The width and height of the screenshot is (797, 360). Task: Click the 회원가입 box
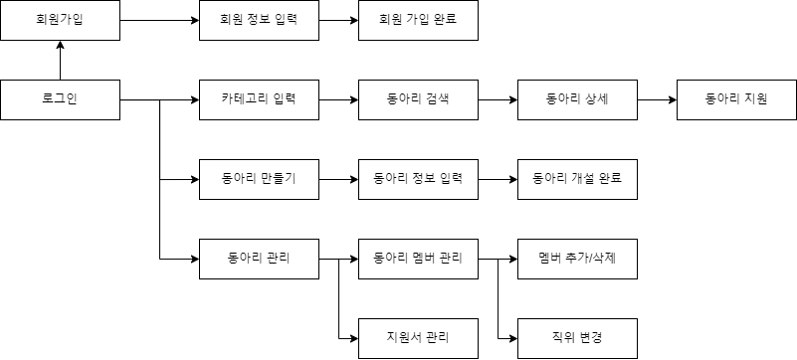click(x=60, y=20)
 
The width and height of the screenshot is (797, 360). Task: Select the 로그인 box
click(x=60, y=99)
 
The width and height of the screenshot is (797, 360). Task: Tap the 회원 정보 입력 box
click(x=259, y=20)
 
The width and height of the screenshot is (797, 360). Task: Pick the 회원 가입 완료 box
click(x=418, y=20)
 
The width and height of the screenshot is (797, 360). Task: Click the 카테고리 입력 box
click(x=259, y=99)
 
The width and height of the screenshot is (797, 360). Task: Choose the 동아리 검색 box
click(x=418, y=99)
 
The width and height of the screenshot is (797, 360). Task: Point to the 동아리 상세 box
click(x=577, y=99)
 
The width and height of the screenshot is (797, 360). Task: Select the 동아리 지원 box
click(x=736, y=99)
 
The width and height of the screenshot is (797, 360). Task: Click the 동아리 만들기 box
click(x=259, y=179)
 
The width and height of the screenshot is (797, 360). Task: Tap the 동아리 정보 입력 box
click(x=418, y=179)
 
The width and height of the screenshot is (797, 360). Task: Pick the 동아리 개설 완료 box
click(x=577, y=179)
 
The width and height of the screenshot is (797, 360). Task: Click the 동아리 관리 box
click(x=259, y=259)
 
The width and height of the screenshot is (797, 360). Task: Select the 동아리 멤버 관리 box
click(x=418, y=259)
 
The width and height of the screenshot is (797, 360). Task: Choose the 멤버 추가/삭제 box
click(x=577, y=259)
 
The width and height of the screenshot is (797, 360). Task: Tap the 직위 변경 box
click(x=577, y=338)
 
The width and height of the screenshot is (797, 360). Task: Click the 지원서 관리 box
click(x=418, y=338)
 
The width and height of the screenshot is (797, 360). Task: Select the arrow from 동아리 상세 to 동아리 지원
click(x=657, y=99)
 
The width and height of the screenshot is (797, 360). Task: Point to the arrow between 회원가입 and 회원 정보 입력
click(x=159, y=20)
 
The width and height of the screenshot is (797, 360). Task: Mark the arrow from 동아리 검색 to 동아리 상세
click(x=498, y=99)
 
